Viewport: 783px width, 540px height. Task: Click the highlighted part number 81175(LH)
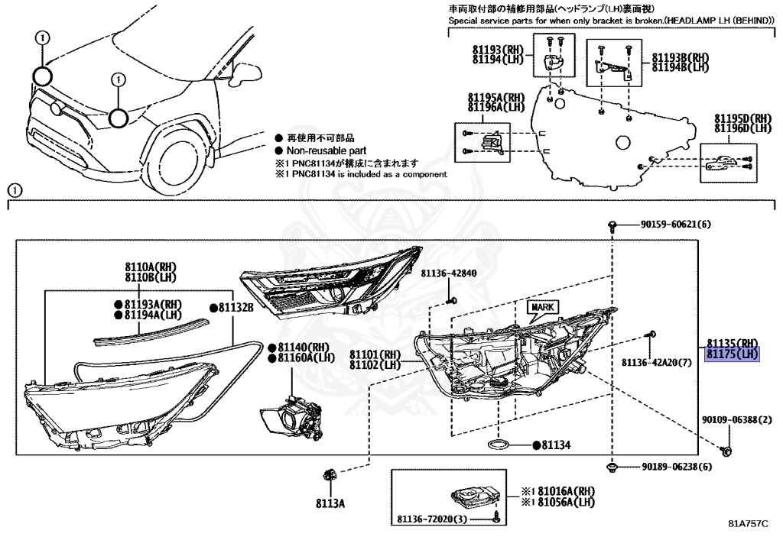(x=732, y=354)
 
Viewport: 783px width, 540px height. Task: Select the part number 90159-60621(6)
(x=675, y=225)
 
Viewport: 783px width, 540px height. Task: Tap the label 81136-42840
(x=448, y=273)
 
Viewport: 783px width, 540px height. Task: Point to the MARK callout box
(x=542, y=307)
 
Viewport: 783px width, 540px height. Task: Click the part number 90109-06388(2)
(x=738, y=420)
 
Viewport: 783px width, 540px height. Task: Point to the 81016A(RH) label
(x=557, y=491)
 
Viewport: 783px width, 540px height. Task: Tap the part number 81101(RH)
(x=375, y=354)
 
